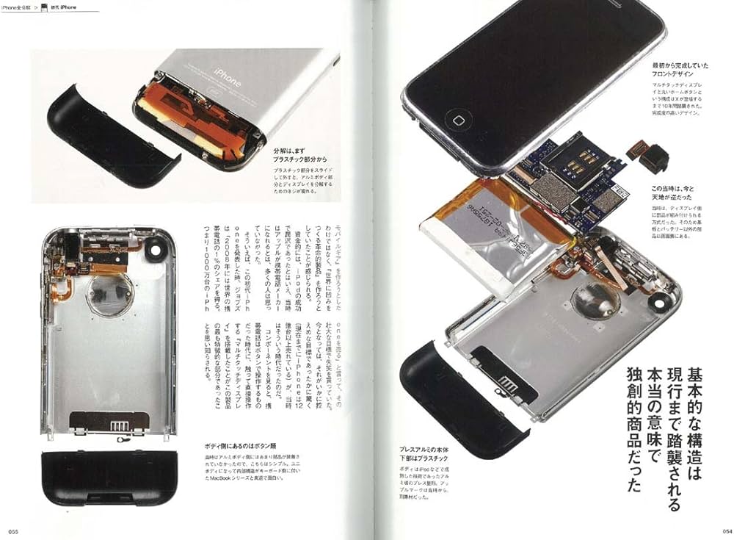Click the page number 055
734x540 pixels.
pos(13,531)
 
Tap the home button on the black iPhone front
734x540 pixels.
pos(460,119)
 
